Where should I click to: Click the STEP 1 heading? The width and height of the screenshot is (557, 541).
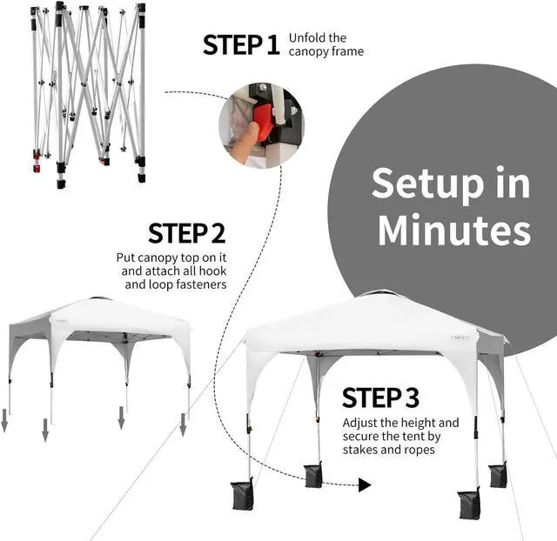[x=242, y=44]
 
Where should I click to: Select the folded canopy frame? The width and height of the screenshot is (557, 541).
[x=87, y=91]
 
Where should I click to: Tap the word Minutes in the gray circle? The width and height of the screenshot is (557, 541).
[x=453, y=230]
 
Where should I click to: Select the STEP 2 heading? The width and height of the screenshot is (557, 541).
[x=186, y=233]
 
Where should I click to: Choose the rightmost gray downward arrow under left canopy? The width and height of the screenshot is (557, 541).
[x=183, y=425]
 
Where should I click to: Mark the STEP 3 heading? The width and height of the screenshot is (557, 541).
[x=380, y=397]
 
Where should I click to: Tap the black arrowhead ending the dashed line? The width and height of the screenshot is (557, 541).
[x=365, y=484]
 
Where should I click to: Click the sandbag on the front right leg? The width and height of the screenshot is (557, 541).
[x=469, y=504]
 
